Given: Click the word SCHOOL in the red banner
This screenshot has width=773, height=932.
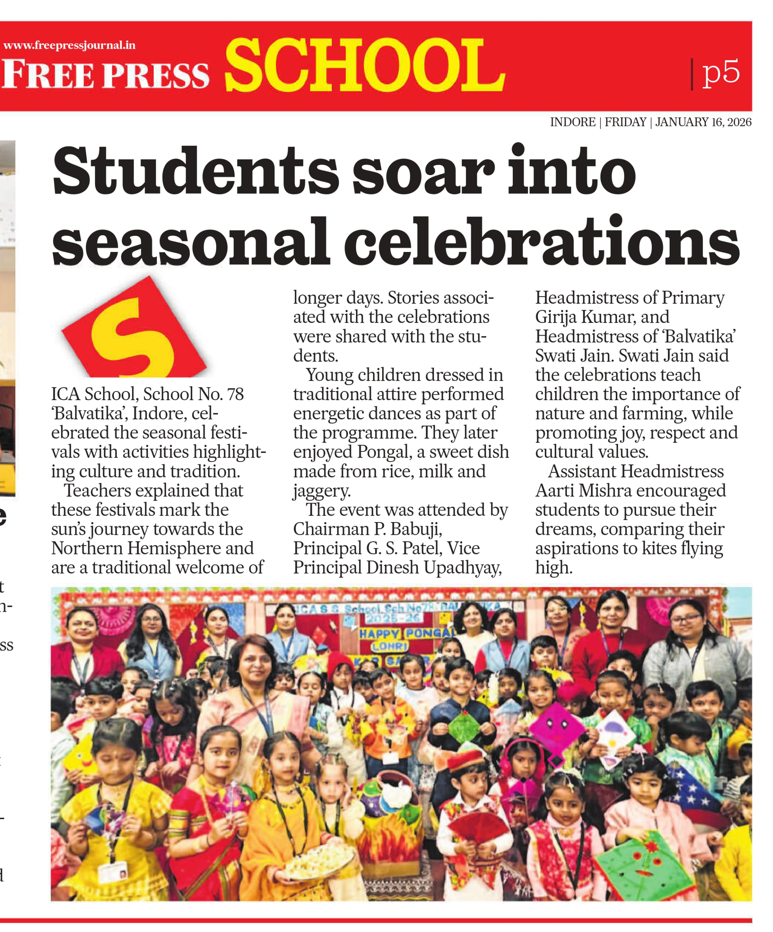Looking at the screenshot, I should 365,66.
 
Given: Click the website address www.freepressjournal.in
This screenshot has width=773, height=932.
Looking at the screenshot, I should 69,45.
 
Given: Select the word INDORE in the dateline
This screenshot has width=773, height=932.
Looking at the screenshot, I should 572,122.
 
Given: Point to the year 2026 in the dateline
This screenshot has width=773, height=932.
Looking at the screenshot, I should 739,122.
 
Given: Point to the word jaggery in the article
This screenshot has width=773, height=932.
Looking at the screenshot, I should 322,491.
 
